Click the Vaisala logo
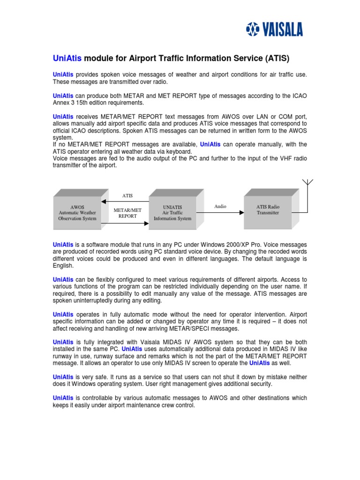275,30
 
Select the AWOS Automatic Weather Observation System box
77,212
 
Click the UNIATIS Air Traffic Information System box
172,212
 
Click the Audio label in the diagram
220,206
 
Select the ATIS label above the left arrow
127,196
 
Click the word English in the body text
63,265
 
